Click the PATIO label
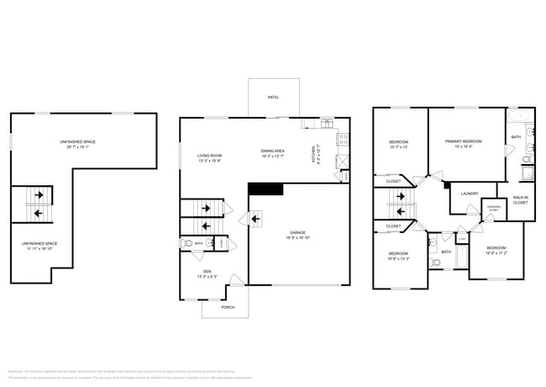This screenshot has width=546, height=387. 273,98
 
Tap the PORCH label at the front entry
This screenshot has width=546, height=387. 228,308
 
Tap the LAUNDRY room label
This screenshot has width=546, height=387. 470,193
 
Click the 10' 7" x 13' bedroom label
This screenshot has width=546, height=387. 398,144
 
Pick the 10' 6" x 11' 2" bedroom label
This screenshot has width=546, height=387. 496,251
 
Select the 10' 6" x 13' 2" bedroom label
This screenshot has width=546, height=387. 397,256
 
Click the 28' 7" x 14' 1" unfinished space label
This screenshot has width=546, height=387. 77,144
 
